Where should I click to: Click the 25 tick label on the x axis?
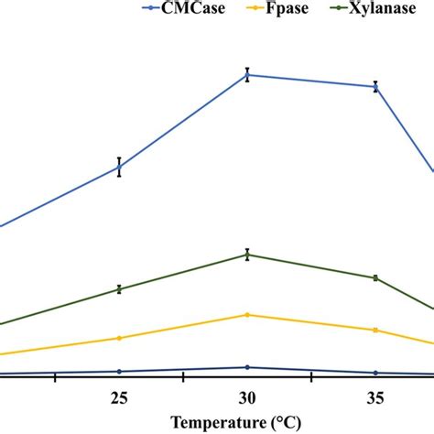pos(118,397)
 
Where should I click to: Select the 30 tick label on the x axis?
pos(247,397)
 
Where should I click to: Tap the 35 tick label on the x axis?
pos(375,397)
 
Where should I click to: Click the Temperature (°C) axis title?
pos(246,423)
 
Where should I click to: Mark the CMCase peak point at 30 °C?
pos(247,75)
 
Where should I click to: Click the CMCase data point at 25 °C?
pos(119,167)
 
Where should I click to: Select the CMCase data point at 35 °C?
pos(375,87)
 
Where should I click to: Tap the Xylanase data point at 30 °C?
pos(247,255)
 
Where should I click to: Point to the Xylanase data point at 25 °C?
pos(119,289)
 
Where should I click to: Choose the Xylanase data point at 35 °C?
pos(375,277)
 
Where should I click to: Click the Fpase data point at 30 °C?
pos(247,315)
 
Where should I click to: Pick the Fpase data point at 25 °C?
pos(119,338)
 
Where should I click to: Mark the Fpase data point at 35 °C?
pos(375,330)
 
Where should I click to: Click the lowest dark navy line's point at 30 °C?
pos(247,367)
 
